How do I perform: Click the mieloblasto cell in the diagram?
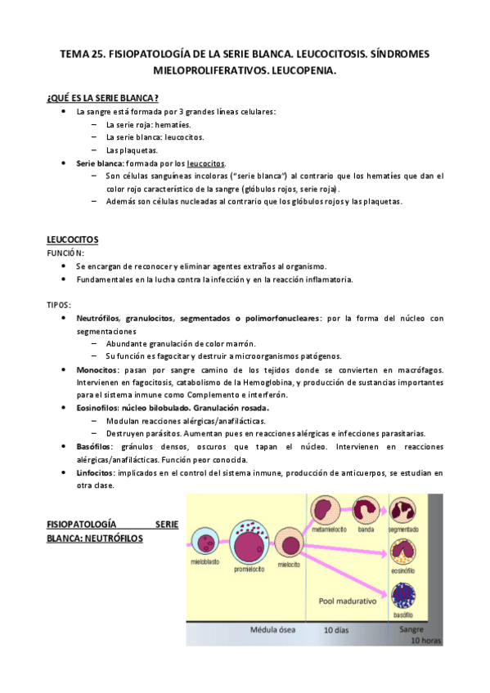(x=205, y=542)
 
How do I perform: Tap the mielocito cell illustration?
(x=289, y=542)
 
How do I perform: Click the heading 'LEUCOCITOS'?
(x=73, y=239)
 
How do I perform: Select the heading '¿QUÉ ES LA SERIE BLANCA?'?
(x=103, y=98)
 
